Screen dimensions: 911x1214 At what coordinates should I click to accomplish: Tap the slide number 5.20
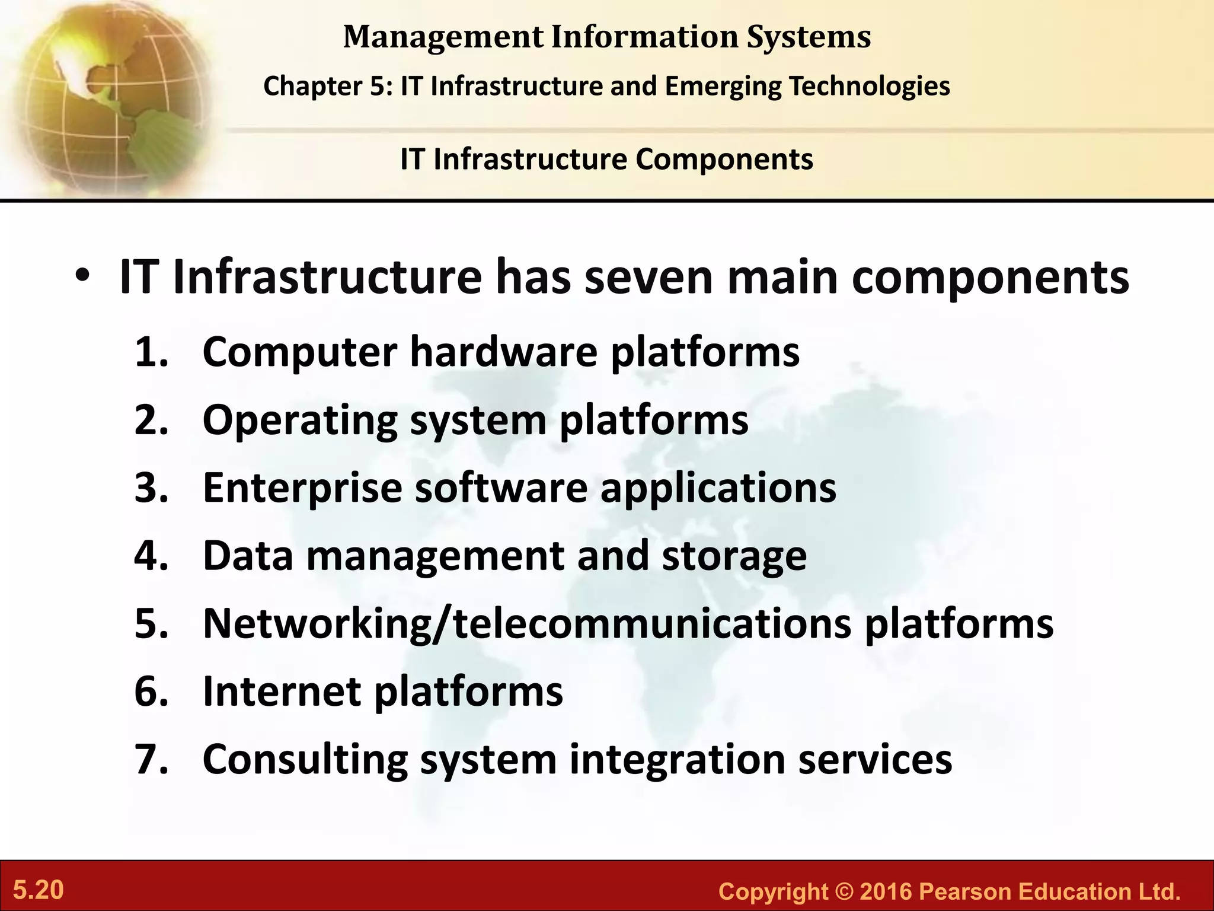click(39, 890)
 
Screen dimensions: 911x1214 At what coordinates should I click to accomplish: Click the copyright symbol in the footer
click(844, 892)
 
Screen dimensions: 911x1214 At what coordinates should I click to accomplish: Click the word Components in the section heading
click(724, 160)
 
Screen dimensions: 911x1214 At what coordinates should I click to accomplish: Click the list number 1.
click(151, 352)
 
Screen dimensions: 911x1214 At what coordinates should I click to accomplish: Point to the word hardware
click(503, 352)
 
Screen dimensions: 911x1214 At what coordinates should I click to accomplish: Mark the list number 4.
click(151, 556)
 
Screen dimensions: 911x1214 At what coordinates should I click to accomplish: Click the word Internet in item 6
click(282, 692)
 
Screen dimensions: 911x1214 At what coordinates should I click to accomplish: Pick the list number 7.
click(151, 759)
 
